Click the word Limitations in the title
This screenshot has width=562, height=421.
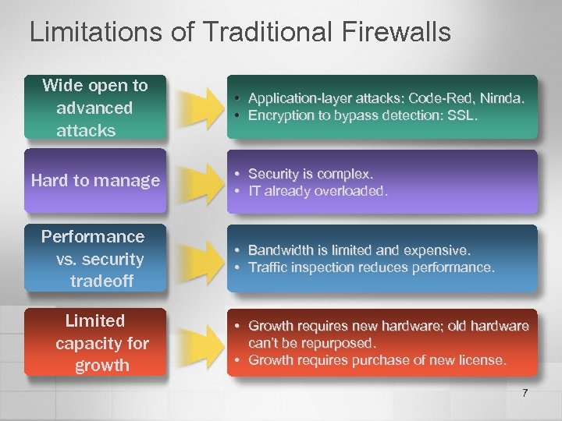pyautogui.click(x=90, y=32)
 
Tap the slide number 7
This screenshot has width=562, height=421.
pyautogui.click(x=525, y=393)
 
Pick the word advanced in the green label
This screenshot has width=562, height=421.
pyautogui.click(x=94, y=108)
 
